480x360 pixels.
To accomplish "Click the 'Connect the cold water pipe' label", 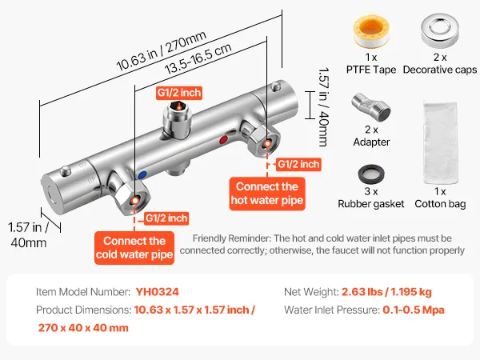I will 135,248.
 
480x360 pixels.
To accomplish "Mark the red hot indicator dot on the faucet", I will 223,139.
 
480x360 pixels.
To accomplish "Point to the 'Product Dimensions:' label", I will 82,310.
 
